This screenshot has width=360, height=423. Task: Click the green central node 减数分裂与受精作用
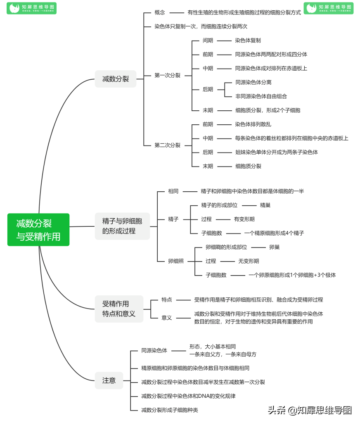[38, 230]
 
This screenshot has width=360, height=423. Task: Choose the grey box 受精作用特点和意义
[119, 309]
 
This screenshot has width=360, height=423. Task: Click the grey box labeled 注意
[109, 380]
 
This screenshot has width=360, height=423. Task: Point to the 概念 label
[160, 12]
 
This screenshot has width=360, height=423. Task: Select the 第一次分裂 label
[167, 75]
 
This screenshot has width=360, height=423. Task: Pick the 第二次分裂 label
[167, 145]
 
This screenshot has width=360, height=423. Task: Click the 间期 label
[208, 40]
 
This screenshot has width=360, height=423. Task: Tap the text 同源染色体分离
[253, 82]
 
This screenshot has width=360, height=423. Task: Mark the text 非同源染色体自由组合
[261, 96]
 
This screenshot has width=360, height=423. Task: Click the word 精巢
[265, 205]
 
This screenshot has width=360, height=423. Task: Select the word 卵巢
[275, 247]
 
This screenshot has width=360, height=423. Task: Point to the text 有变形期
[244, 219]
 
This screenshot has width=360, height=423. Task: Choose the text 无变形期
[249, 261]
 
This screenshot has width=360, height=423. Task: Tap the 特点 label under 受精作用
[167, 299]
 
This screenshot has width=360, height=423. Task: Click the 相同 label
[173, 191]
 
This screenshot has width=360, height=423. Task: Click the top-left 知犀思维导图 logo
[31, 8]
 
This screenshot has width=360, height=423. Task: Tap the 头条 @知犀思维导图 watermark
[310, 410]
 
